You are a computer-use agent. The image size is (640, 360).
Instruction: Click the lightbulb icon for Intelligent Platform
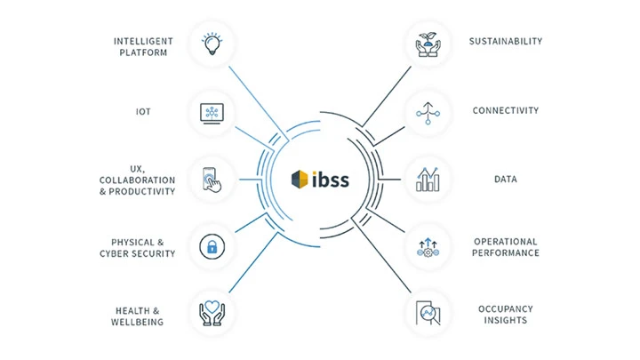(212, 45)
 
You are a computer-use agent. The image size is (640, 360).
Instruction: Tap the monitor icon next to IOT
(212, 112)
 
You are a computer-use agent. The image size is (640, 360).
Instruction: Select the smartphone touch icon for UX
(212, 179)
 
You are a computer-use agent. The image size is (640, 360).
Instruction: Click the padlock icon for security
(212, 246)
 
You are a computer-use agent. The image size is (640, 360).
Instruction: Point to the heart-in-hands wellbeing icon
(212, 313)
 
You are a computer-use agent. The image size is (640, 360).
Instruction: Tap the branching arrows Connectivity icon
(428, 112)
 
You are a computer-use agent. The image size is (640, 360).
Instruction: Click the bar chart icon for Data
(428, 179)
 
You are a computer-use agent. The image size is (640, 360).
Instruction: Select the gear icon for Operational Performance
(428, 246)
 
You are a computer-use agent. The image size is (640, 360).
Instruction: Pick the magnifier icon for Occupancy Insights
(428, 313)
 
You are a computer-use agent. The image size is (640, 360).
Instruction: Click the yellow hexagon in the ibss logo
(300, 180)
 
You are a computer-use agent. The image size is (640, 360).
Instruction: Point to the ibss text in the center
(331, 179)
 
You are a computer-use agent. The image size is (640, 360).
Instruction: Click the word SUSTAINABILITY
(506, 41)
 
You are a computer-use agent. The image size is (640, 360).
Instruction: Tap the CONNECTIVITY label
(506, 111)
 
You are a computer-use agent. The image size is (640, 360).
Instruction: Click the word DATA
(506, 180)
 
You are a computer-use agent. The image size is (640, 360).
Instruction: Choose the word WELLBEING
(138, 322)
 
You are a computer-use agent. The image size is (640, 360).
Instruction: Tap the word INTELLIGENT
(142, 41)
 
